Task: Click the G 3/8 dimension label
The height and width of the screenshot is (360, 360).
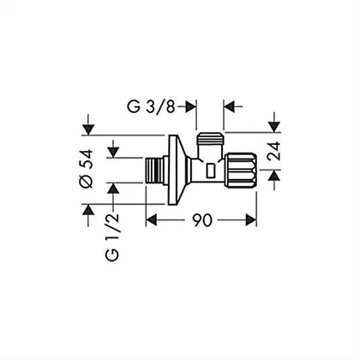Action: tap(151, 107)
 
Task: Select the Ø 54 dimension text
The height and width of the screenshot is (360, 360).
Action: tap(87, 169)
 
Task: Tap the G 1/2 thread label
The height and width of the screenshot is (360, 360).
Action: tap(112, 237)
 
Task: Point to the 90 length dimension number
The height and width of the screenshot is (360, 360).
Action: tap(202, 220)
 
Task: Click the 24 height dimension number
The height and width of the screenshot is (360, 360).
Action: tap(274, 151)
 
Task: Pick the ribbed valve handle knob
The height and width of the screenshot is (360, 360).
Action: tap(241, 171)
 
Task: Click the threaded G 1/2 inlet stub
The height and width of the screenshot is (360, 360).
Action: tap(156, 171)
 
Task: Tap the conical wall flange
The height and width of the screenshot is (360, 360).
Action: tap(177, 170)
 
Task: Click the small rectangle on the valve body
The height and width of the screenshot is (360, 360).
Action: tap(211, 171)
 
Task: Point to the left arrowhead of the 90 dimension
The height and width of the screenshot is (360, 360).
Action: tap(152, 220)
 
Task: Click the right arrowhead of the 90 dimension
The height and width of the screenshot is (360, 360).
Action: tap(251, 220)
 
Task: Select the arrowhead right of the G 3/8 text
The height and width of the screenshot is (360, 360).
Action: tap(191, 107)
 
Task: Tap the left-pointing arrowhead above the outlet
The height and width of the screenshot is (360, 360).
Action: tap(229, 107)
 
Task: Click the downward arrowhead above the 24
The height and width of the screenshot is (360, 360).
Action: tap(274, 127)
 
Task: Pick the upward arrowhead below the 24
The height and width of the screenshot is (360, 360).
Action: tap(274, 175)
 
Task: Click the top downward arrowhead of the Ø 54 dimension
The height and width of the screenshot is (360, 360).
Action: tap(88, 129)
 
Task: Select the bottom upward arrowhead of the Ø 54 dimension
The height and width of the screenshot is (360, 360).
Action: tap(88, 210)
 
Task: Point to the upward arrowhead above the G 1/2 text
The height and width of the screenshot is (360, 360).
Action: tap(114, 189)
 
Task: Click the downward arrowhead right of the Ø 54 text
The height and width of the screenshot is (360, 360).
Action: tap(114, 152)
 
